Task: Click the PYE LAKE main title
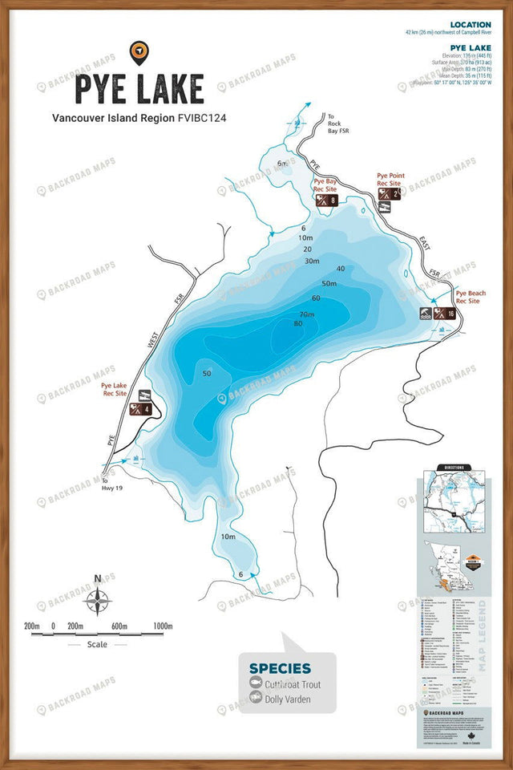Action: pos(139,88)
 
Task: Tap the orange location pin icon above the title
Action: pos(139,52)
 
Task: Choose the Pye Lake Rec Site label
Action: pos(115,390)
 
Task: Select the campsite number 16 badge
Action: pos(451,314)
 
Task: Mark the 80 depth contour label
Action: pos(298,323)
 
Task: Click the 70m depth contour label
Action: pos(307,313)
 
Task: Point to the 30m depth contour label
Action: pos(312,261)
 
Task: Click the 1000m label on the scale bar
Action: pos(163,626)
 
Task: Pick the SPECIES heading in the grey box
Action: pos(280,668)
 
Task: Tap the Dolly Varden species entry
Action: pos(289,699)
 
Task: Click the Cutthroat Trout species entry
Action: pos(292,685)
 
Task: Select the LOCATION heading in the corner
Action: pos(471,25)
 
